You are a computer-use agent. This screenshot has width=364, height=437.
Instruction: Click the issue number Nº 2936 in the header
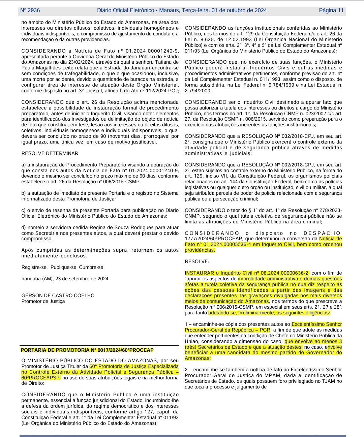pyautogui.click(x=30, y=10)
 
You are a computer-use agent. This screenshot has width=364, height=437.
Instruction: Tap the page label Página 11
pyautogui.click(x=331, y=10)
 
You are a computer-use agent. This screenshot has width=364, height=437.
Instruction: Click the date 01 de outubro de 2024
pyautogui.click(x=239, y=10)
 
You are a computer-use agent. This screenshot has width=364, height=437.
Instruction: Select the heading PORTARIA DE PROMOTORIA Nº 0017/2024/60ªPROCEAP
pyautogui.click(x=87, y=350)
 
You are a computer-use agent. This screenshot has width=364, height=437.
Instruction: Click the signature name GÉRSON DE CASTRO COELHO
pyautogui.click(x=58, y=295)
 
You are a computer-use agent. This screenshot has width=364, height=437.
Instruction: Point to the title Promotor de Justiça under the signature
pyautogui.click(x=43, y=301)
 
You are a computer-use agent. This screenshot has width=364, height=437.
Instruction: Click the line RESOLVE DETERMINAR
pyautogui.click(x=50, y=153)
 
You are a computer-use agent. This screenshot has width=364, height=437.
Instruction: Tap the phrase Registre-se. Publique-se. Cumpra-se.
pyautogui.click(x=63, y=267)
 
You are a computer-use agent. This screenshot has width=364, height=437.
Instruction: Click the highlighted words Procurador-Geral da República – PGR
pyautogui.click(x=227, y=330)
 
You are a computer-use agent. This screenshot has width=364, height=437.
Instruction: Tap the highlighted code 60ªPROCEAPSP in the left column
pyautogui.click(x=41, y=378)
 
